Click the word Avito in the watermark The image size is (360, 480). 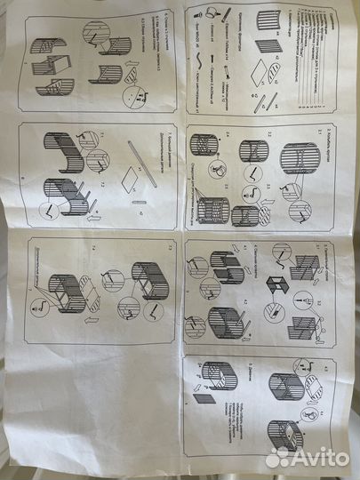321,457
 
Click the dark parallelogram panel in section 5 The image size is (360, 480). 204,399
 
